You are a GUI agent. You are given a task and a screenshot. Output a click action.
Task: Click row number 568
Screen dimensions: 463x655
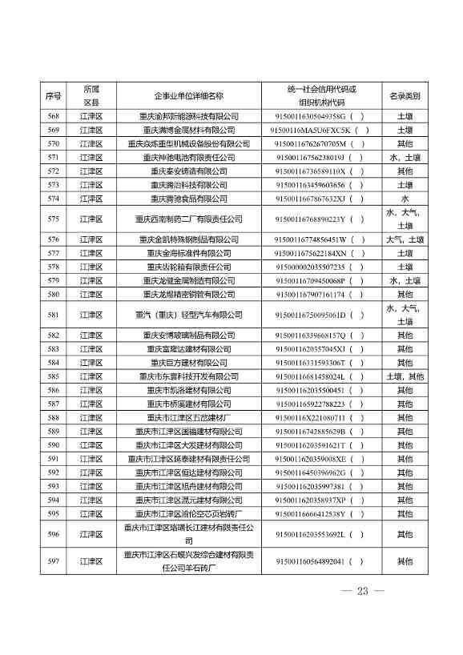pyautogui.click(x=54, y=116)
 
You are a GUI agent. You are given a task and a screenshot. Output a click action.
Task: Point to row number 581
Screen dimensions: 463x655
pyautogui.click(x=54, y=315)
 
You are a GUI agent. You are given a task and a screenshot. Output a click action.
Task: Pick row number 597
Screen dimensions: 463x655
pyautogui.click(x=54, y=561)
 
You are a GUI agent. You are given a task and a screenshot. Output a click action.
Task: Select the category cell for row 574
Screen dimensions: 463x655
pyautogui.click(x=405, y=199)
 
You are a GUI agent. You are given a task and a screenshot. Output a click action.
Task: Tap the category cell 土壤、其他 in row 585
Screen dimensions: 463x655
pyautogui.click(x=405, y=376)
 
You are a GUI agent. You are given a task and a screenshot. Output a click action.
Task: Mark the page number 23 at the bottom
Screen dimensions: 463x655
pyautogui.click(x=362, y=591)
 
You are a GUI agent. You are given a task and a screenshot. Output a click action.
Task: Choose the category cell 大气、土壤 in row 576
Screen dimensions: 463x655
pyautogui.click(x=405, y=239)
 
